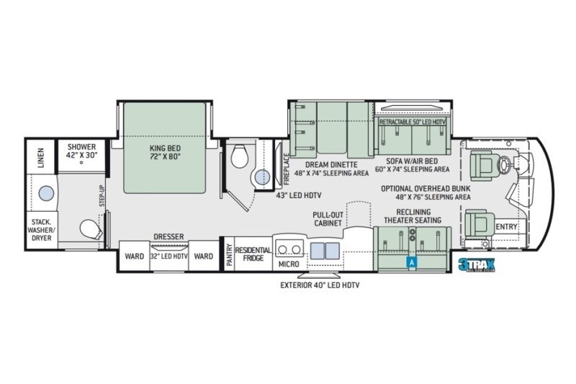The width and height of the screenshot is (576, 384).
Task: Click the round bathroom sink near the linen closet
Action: tap(45, 193)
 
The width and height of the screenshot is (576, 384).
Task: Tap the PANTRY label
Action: tap(228, 256)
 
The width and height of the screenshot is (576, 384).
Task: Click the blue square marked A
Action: tap(413, 263)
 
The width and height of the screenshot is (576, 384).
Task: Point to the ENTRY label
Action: tap(506, 227)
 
